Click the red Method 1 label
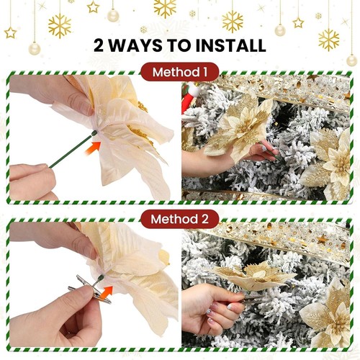180,71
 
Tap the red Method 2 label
180,219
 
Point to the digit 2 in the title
101,45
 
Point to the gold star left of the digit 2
10,32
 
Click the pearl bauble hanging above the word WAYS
112,15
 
